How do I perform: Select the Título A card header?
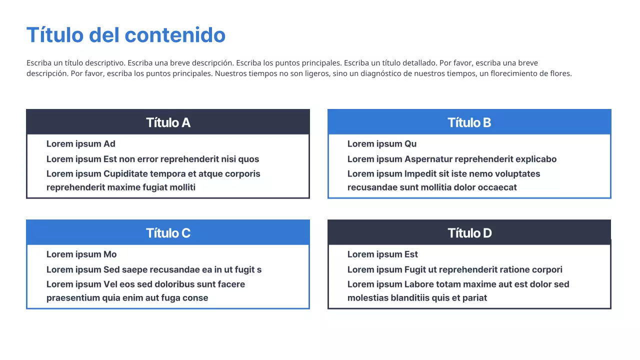pyautogui.click(x=168, y=122)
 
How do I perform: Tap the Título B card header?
pyautogui.click(x=469, y=122)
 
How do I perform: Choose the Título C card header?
pyautogui.click(x=168, y=233)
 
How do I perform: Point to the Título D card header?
pyautogui.click(x=469, y=233)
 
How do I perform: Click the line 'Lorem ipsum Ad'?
pyautogui.click(x=81, y=144)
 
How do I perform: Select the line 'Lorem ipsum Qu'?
pyautogui.click(x=382, y=144)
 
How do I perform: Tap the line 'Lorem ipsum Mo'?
pyautogui.click(x=81, y=254)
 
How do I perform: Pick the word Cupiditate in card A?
pyautogui.click(x=127, y=174)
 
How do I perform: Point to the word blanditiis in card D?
pyautogui.click(x=417, y=298)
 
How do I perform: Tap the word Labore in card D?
pyautogui.click(x=418, y=284)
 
